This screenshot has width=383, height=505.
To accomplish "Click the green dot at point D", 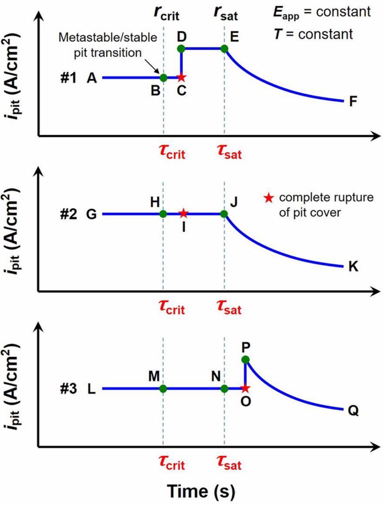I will click(x=181, y=49).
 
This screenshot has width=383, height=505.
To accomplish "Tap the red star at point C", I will click(x=181, y=77).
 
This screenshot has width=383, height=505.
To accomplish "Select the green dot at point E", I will click(x=224, y=49).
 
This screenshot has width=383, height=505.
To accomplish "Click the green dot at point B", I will click(x=163, y=77).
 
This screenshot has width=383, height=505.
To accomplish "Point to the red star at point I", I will click(x=183, y=213).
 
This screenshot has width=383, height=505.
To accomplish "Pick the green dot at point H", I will click(x=163, y=214).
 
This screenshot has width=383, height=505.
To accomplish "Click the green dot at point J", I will click(x=224, y=214).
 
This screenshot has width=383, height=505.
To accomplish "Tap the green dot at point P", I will click(x=245, y=359).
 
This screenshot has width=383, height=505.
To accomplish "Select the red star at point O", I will click(x=245, y=388).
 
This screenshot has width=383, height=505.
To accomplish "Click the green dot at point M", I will click(x=163, y=389).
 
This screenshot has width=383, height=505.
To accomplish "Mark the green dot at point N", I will click(x=224, y=389).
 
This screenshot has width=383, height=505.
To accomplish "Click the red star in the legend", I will click(x=269, y=198).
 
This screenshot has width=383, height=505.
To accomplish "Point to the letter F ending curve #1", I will click(x=353, y=102).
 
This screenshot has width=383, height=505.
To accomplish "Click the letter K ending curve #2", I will click(x=353, y=267).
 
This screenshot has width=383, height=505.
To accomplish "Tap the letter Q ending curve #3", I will click(x=353, y=411).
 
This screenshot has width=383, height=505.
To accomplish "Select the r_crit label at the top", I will click(x=166, y=14).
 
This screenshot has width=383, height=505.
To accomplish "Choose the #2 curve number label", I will click(x=69, y=214).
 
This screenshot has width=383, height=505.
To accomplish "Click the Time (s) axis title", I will click(x=201, y=491).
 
